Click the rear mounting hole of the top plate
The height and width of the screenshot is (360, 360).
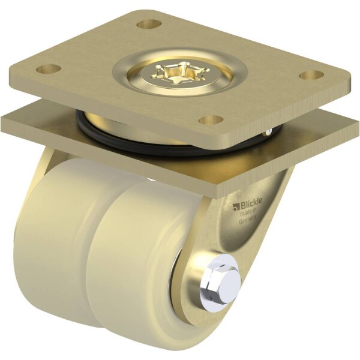(149, 25)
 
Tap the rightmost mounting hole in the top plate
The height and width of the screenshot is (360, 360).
(312, 76)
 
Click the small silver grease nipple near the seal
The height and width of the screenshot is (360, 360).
(268, 131)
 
